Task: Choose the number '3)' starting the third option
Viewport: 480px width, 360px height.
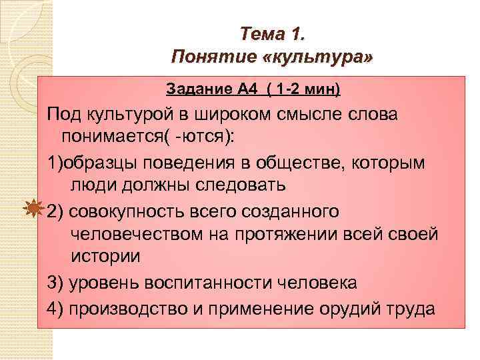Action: click(x=55, y=282)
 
